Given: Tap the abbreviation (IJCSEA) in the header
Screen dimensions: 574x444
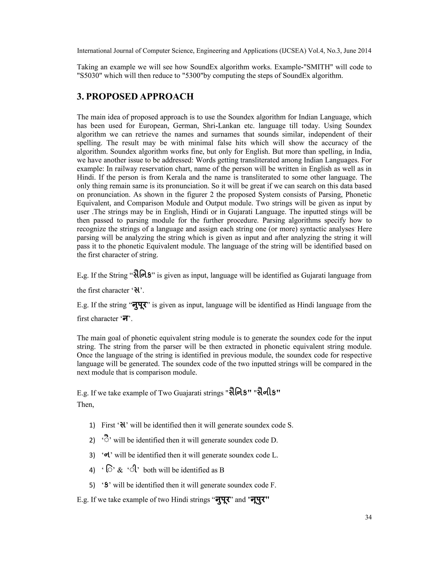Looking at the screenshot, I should [292, 51].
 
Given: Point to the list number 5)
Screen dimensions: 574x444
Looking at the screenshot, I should [92, 485].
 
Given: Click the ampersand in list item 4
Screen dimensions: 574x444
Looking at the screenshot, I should [120, 470].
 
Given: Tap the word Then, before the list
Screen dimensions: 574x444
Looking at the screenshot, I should [85, 404].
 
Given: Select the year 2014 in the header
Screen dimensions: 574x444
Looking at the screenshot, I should [365, 51].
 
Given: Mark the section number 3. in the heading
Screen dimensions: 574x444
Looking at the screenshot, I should [80, 97].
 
